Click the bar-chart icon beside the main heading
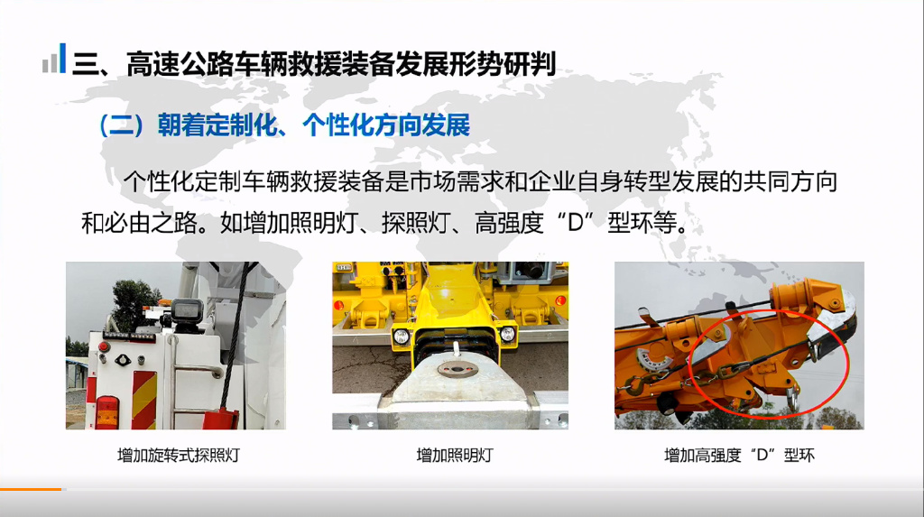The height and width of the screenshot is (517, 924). click(x=54, y=59)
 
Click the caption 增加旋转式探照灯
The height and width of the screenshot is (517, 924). click(x=179, y=455)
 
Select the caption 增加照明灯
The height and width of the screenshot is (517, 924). click(x=455, y=455)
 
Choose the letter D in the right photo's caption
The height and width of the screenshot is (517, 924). click(x=762, y=455)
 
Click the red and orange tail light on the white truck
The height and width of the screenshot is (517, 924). click(x=107, y=411)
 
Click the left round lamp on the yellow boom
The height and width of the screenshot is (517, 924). click(x=401, y=336)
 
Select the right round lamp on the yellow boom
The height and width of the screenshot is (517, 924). click(x=507, y=334)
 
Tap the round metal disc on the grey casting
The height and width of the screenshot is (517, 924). click(x=456, y=371)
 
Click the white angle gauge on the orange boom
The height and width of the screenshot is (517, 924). click(x=655, y=358)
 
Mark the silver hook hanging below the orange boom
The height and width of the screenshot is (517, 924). click(x=792, y=397)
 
